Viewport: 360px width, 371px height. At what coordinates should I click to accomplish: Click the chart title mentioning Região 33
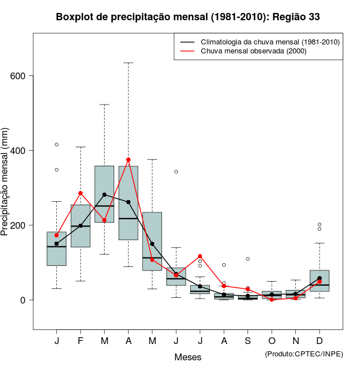pos(188,17)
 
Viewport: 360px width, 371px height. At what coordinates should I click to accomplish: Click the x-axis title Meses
pos(188,357)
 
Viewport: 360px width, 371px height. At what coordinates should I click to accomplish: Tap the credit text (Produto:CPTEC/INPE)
pos(304,354)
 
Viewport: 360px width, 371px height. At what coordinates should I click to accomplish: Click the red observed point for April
pos(128,160)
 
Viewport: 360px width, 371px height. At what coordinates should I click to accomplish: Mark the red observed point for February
pos(80,193)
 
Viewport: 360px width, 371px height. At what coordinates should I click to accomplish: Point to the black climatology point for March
pos(105,194)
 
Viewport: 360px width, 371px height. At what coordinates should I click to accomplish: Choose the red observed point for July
pos(200,256)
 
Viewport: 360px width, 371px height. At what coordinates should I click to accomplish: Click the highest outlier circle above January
pos(57,144)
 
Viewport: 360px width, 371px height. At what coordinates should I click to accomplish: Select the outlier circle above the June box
pos(176,171)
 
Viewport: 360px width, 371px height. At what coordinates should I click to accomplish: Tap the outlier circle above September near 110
pos(248,259)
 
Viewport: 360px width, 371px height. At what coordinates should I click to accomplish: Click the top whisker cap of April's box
pos(128,63)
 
